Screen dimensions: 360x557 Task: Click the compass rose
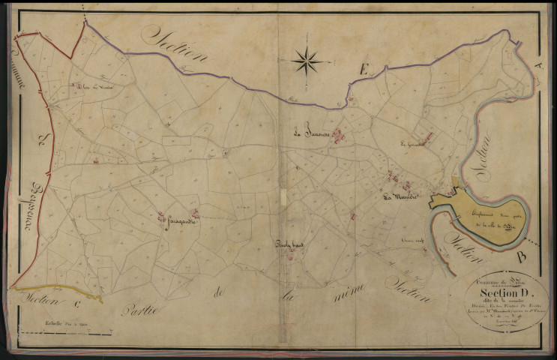pos(307,60)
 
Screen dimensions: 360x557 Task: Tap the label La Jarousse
pos(312,135)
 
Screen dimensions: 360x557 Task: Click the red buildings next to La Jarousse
pos(339,136)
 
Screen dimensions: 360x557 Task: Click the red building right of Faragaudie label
pos(195,214)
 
